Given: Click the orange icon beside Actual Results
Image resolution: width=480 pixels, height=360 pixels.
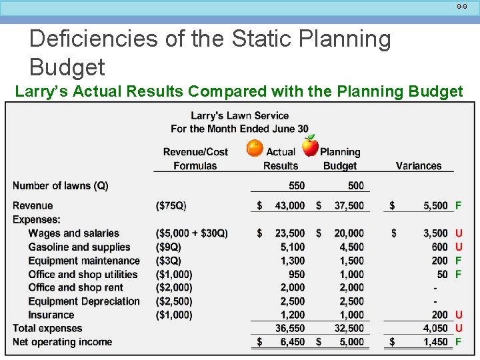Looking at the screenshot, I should [x=255, y=148].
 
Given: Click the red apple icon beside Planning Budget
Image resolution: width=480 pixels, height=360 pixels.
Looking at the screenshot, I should [x=310, y=145].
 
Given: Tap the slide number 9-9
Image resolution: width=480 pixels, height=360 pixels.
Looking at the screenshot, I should [x=462, y=6].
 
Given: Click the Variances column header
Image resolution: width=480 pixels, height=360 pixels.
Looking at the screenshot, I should [x=419, y=165].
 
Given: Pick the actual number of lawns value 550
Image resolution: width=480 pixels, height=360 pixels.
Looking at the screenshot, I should [x=297, y=185].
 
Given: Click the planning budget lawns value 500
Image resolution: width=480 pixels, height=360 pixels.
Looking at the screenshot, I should [x=356, y=185].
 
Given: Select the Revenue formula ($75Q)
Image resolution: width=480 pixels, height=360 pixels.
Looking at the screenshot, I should [x=171, y=205].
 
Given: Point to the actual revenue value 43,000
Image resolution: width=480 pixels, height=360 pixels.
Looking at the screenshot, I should [x=290, y=205].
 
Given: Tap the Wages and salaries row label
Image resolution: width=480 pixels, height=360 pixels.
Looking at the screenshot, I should [x=73, y=233].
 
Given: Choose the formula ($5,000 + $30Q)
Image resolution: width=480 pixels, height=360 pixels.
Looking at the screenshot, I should [x=191, y=233].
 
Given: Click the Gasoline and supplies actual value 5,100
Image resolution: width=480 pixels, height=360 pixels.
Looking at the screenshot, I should [x=292, y=247].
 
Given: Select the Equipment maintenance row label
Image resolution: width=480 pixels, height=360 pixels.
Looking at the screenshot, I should [x=84, y=261].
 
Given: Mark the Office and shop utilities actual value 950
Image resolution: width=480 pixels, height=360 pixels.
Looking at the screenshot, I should [x=297, y=274].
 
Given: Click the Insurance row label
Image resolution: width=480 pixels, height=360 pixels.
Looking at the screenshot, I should [x=51, y=315].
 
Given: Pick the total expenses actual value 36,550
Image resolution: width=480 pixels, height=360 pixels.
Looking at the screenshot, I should [x=290, y=328].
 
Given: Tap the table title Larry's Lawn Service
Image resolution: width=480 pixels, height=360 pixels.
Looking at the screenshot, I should [x=239, y=115].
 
